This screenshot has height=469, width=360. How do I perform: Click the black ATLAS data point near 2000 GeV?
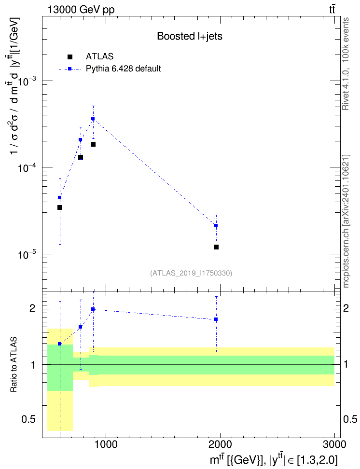click(216, 247)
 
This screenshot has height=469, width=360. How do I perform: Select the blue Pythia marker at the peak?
click(93, 118)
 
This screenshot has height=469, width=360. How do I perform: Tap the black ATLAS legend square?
click(69, 56)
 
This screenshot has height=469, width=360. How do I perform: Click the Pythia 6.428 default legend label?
click(123, 69)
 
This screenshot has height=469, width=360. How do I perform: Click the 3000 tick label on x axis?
click(334, 445)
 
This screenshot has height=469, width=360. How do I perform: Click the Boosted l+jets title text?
click(190, 36)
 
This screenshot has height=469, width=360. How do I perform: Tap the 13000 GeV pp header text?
click(81, 10)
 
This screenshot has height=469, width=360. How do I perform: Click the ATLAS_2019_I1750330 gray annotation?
click(191, 273)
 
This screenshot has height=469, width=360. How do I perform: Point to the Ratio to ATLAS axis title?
click(14, 365)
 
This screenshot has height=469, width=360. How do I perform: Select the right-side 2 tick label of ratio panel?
click(346, 308)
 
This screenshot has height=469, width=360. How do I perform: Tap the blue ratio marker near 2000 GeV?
click(216, 319)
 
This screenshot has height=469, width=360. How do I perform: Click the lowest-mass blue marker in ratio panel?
click(59, 344)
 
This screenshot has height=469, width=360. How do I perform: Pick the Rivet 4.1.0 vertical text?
click(346, 64)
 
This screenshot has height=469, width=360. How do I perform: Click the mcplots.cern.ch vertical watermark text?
click(346, 221)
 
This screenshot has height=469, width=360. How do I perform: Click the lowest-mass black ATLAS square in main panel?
click(59, 207)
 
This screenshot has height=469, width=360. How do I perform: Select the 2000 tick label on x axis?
click(220, 445)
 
